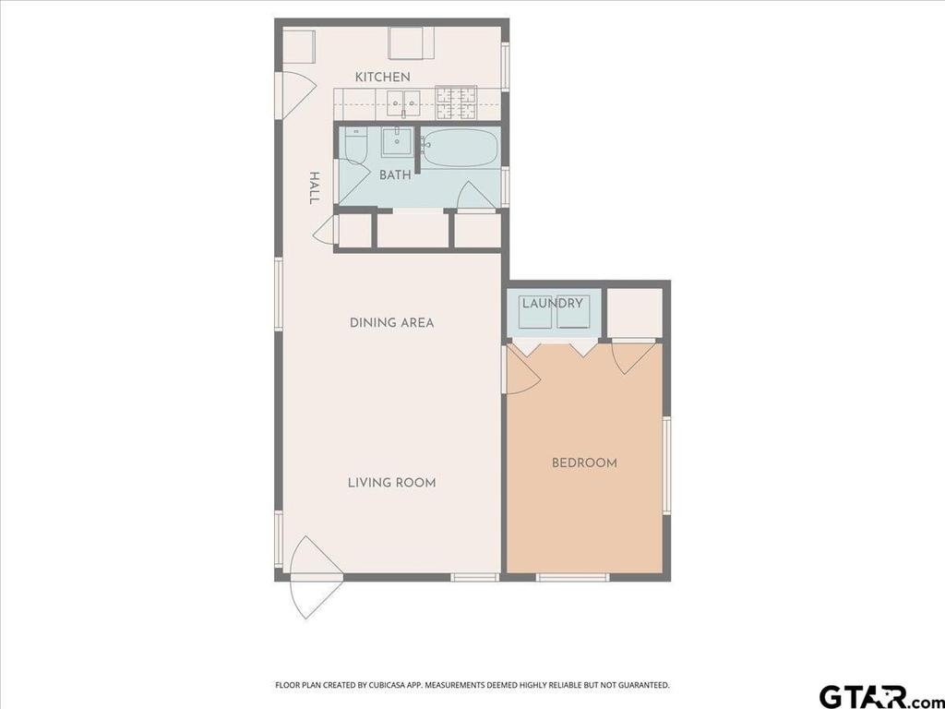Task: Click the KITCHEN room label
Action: pyautogui.click(x=382, y=78)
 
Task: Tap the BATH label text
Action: pyautogui.click(x=395, y=174)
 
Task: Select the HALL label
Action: pyautogui.click(x=314, y=187)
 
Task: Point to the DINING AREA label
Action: pyautogui.click(x=391, y=322)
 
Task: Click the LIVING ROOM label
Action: pyautogui.click(x=391, y=482)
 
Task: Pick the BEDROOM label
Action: pyautogui.click(x=584, y=463)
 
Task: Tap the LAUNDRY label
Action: pyautogui.click(x=552, y=303)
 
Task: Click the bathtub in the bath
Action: pyautogui.click(x=461, y=148)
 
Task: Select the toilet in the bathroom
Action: pyautogui.click(x=355, y=145)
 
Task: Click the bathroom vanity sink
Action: pyautogui.click(x=397, y=141)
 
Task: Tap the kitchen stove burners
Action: pyautogui.click(x=456, y=102)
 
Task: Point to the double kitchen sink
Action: pyautogui.click(x=403, y=103)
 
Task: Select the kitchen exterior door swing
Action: pyautogui.click(x=297, y=94)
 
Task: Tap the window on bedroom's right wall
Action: pyautogui.click(x=666, y=465)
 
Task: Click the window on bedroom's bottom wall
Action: pyautogui.click(x=572, y=578)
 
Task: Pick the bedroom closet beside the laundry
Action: pyautogui.click(x=634, y=314)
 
